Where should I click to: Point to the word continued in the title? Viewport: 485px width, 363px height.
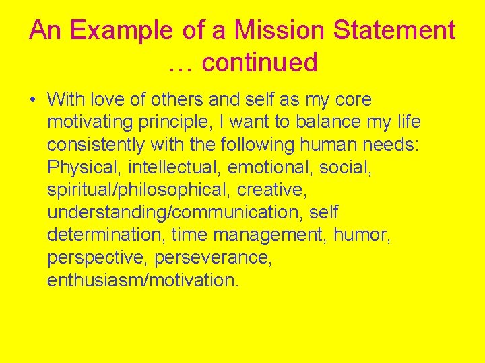coord(259,63)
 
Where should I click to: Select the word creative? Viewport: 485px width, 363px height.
coord(271,190)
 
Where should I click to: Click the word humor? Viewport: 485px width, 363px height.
coord(366,235)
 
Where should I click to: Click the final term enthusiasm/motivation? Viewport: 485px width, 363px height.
coord(143,280)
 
